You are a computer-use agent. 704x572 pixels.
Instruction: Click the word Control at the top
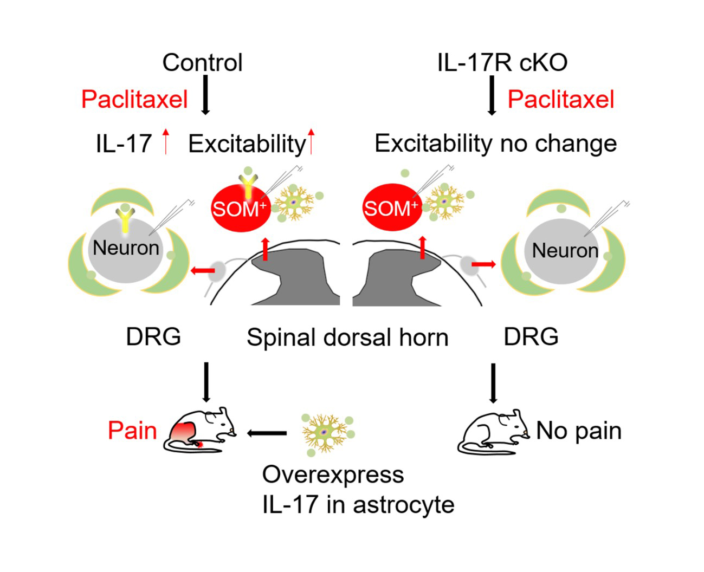(x=202, y=63)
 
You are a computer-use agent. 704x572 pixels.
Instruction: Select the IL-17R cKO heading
(x=502, y=63)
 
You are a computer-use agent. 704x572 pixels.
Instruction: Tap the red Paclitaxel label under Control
(x=134, y=100)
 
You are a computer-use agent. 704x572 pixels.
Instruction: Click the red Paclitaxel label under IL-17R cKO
(x=560, y=100)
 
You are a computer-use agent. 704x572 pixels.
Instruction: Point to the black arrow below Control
(x=205, y=95)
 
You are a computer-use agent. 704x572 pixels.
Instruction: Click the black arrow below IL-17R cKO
(x=492, y=95)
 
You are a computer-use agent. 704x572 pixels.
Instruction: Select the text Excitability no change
(x=495, y=144)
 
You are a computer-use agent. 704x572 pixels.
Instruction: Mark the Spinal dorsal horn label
(x=347, y=337)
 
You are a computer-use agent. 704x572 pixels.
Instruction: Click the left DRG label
(x=153, y=337)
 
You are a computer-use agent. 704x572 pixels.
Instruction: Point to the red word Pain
(x=132, y=431)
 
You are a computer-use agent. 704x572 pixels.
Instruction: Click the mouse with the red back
(x=201, y=431)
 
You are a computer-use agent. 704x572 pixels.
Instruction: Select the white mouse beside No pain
(x=493, y=433)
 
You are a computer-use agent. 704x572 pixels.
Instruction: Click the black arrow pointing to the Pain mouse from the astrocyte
(x=267, y=433)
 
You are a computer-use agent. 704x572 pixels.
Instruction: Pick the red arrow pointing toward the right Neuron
(x=483, y=264)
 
